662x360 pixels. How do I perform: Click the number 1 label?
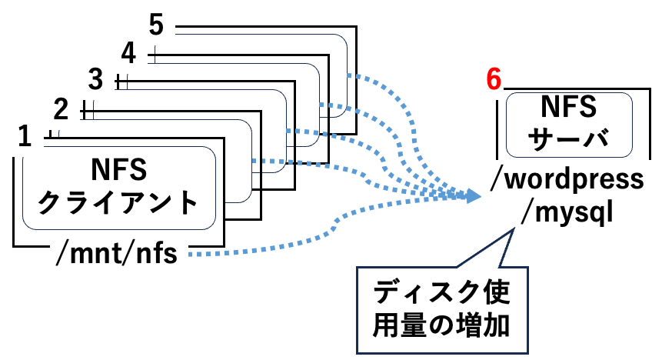coord(25,137)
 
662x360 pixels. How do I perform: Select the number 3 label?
coord(95,79)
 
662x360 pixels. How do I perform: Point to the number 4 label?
coord(129,53)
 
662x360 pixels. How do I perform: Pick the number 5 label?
coord(156,25)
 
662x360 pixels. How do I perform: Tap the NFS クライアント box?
coord(118,188)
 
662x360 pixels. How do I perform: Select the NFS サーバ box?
coord(570,123)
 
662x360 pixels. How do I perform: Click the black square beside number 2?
coord(86,108)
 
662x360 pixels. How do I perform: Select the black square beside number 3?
coord(121,80)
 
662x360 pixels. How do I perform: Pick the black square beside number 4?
coord(151,54)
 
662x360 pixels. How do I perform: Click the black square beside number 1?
coord(52,135)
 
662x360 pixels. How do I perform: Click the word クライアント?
coord(118,205)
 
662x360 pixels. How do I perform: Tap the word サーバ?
coord(570,138)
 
